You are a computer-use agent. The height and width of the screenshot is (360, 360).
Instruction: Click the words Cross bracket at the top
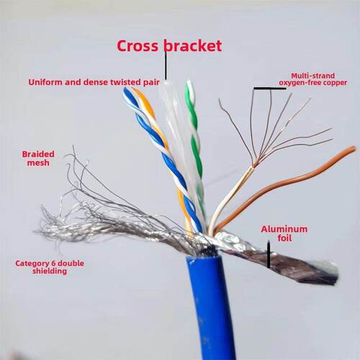click(169, 46)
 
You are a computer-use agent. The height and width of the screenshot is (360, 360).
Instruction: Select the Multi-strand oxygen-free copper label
click(313, 79)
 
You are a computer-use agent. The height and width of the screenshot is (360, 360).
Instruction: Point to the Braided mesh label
click(38, 158)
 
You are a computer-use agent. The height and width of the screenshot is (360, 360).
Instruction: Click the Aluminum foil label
click(284, 233)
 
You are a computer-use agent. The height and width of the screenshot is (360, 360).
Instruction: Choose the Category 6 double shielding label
click(50, 267)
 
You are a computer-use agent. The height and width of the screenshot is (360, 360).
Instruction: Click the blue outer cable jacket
click(211, 307)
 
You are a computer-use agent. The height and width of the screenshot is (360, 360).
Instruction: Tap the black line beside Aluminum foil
click(269, 255)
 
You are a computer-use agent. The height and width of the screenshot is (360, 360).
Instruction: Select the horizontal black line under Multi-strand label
click(270, 89)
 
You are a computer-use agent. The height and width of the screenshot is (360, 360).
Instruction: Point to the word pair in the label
click(152, 83)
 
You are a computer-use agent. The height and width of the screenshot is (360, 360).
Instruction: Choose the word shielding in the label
click(50, 271)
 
